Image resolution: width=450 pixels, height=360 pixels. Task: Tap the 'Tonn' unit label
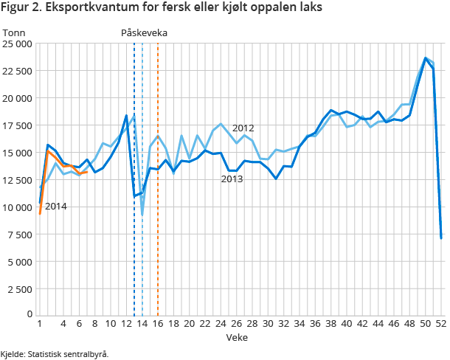point(14,32)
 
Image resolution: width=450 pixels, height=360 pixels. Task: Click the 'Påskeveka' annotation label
point(145,32)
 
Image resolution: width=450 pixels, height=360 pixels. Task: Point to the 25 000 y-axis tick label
point(16,44)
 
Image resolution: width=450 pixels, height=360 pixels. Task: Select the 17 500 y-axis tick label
point(16,125)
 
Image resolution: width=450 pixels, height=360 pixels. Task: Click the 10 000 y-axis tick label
point(16,207)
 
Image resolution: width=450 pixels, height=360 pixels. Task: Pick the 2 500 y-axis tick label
point(19,289)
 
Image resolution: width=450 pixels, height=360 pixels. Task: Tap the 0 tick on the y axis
point(29,315)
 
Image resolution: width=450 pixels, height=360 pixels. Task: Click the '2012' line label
point(243,128)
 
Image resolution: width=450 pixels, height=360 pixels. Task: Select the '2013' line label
point(232,179)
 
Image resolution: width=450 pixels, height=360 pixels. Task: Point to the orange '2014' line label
point(56,206)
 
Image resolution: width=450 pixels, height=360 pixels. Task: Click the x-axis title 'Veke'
point(238,337)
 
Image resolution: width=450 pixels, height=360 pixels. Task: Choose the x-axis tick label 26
point(237,324)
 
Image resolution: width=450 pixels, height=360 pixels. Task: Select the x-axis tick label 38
point(331,324)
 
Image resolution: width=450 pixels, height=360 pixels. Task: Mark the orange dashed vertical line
point(158,221)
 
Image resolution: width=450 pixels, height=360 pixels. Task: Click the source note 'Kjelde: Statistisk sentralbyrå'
point(55,353)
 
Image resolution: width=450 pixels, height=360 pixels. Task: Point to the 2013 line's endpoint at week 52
point(441,238)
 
